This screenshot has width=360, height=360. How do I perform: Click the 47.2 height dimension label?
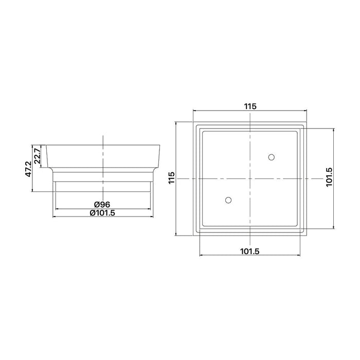[28, 169]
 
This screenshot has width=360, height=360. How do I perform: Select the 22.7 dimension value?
[37, 156]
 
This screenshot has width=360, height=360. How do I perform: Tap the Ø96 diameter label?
[102, 204]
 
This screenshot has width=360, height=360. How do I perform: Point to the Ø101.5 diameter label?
[102, 213]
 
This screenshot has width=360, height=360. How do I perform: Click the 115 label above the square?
[250, 106]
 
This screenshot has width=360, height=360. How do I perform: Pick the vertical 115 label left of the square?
[171, 178]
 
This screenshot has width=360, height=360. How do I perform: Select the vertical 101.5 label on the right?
[329, 177]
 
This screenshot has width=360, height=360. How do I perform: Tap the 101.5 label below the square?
[250, 251]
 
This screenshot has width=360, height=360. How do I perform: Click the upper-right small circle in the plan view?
[272, 157]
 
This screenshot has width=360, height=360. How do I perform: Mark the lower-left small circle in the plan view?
[228, 200]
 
